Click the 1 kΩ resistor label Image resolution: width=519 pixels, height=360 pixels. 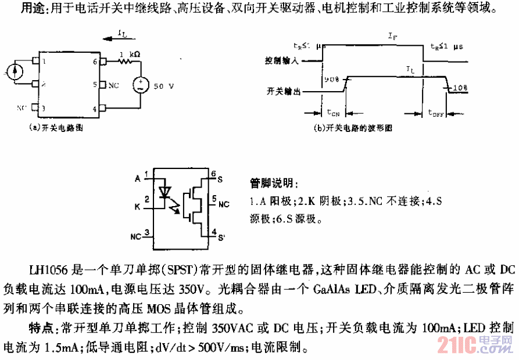point(128,55)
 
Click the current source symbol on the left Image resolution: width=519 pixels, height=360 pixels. point(16,72)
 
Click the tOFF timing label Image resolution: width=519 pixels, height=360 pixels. point(436,113)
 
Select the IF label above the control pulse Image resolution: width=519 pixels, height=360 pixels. point(393,37)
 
